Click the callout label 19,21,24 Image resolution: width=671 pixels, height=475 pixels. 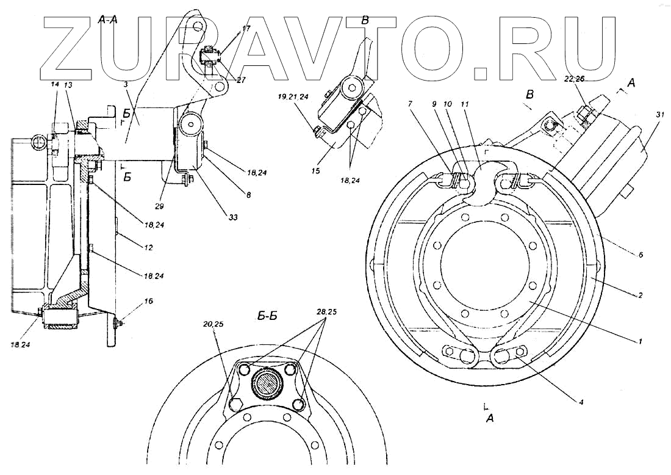click(x=293, y=97)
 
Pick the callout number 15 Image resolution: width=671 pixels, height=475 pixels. click(x=315, y=172)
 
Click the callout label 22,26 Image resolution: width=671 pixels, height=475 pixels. click(x=573, y=79)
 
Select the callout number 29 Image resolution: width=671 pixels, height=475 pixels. click(x=159, y=207)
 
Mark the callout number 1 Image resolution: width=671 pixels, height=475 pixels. click(x=640, y=342)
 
